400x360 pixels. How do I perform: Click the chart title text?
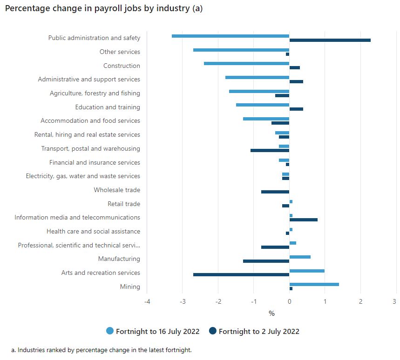103,9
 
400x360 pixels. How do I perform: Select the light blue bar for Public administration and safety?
231,36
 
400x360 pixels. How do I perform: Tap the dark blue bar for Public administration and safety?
330,40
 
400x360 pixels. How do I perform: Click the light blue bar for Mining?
314,284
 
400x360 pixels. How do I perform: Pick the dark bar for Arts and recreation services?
241,275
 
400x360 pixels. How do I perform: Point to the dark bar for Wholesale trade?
275,192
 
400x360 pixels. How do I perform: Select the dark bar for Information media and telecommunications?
303,220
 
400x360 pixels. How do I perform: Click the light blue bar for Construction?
246,63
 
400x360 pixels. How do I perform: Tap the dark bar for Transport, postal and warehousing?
270,151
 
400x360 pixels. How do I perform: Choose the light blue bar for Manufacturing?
300,257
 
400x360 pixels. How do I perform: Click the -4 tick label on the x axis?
147,301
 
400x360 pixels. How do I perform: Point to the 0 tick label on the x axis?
289,301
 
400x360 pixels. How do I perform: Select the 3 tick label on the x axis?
395,301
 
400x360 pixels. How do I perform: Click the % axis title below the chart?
271,313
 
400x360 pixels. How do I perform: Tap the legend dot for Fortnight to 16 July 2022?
110,331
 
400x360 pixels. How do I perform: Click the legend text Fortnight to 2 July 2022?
259,332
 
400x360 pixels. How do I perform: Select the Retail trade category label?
124,204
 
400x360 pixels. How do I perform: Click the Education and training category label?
108,107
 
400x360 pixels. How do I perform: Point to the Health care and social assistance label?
93,231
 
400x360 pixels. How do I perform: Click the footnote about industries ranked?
101,350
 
